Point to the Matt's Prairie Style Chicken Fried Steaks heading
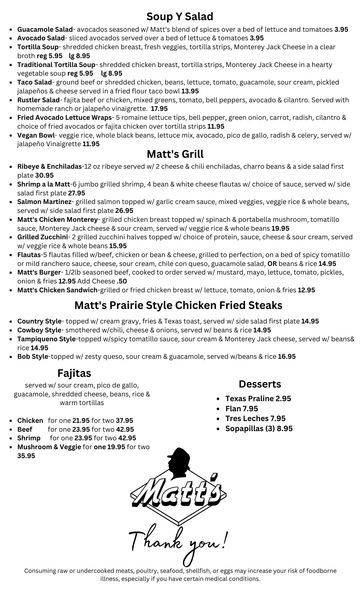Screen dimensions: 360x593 [x=181, y=304]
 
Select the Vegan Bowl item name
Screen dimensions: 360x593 [x=39, y=134]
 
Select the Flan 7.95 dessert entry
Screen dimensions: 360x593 [x=243, y=408]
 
